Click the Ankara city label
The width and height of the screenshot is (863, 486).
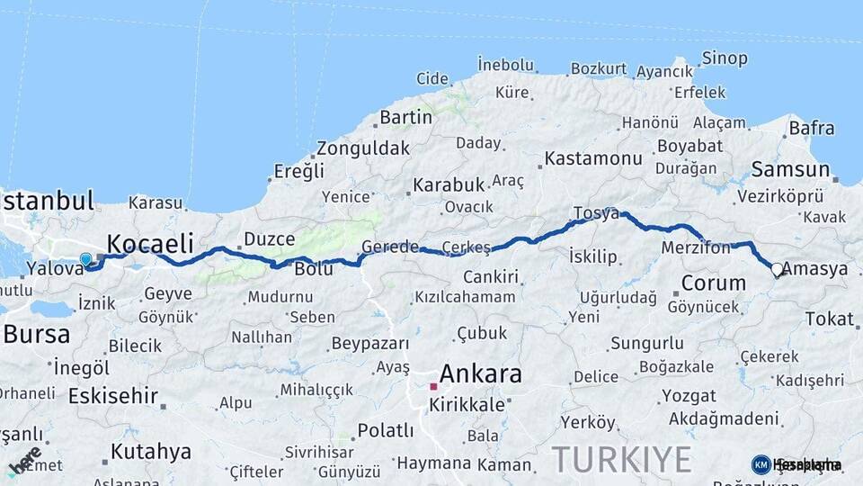coord(480,373)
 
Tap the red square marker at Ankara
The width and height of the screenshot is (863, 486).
coord(433,386)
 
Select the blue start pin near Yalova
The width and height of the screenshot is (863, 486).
coord(85,259)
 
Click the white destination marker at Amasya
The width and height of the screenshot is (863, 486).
coord(777,269)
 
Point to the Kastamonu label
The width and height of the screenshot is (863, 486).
coord(593,159)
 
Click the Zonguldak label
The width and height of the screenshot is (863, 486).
coord(362,148)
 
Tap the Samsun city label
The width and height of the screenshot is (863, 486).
coord(790,169)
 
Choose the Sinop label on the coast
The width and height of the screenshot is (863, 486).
coord(724,58)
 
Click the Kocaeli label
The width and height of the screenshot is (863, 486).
coord(150,243)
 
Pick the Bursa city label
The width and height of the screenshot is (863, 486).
coord(36,335)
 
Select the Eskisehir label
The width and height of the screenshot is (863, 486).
coord(113,396)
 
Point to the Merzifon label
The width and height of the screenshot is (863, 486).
coord(695,247)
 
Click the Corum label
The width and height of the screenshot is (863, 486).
coord(714,283)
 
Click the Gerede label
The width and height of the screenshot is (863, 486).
coord(390,247)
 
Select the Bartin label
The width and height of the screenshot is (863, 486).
coord(406,117)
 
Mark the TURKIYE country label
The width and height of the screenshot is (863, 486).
coord(622,459)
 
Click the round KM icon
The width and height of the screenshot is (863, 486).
coord(761,464)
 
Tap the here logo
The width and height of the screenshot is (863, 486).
coord(24,461)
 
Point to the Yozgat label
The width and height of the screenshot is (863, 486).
coord(689,396)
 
